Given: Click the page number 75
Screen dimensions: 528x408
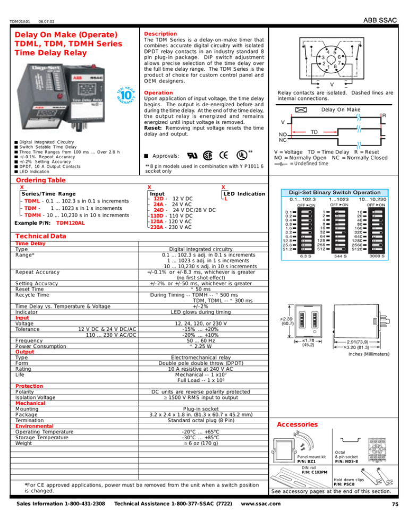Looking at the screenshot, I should click(x=395, y=519).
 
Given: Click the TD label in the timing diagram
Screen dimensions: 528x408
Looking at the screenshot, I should click(x=314, y=131).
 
